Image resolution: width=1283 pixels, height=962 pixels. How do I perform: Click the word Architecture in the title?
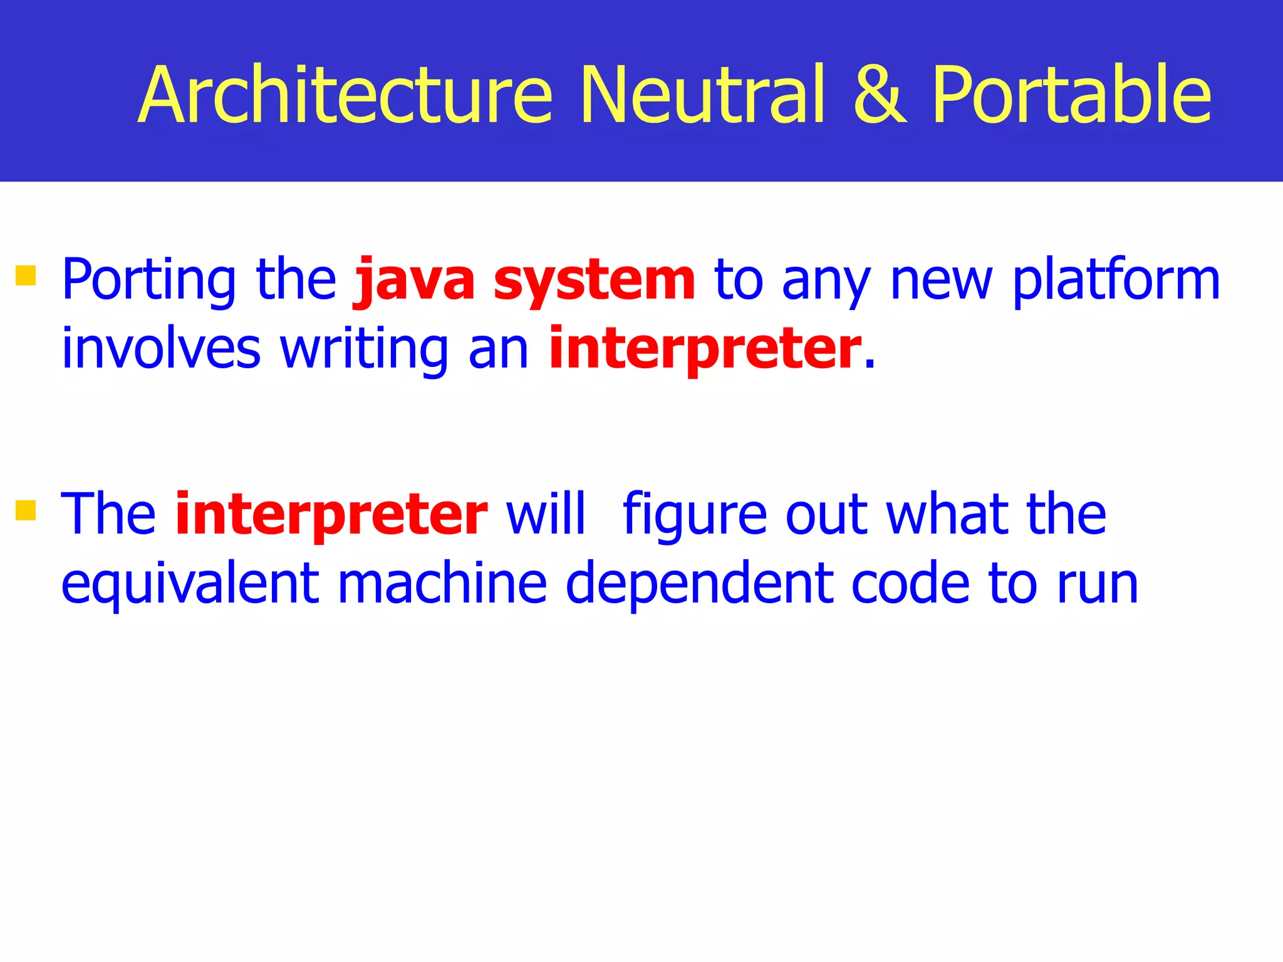point(345,95)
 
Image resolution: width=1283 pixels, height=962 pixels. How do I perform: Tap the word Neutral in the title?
point(702,95)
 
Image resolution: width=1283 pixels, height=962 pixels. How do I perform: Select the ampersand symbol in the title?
point(880,95)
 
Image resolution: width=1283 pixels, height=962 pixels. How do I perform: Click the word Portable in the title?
point(1071,95)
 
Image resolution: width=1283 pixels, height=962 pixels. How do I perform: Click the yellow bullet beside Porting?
point(26,276)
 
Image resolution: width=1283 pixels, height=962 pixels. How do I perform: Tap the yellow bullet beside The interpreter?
point(26,510)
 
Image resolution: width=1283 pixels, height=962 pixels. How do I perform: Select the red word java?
point(414,281)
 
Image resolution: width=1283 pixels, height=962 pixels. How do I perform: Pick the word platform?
point(1116,281)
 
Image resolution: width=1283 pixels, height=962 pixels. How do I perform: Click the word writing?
point(364,349)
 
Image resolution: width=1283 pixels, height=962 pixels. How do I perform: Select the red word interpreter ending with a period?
point(705,349)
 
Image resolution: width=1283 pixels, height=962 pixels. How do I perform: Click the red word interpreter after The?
point(331,515)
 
